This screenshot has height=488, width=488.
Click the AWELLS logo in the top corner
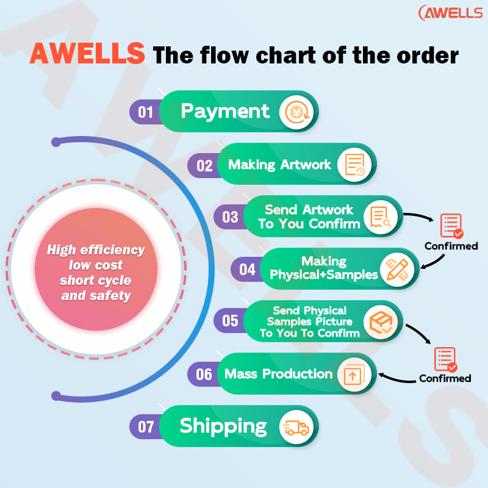pos(450,13)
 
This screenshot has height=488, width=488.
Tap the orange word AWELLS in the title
pos(87,54)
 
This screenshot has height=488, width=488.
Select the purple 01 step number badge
pos(145,112)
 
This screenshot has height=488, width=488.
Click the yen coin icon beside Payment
pos(297,112)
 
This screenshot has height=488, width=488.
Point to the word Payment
pos(225,112)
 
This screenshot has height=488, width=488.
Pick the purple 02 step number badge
pos(204,165)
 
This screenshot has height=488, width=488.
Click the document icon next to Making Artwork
pos(354,165)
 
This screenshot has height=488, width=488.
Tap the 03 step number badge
pos(230,217)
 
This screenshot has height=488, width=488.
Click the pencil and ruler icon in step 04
pos(397,269)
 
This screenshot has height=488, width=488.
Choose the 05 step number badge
pos(230,321)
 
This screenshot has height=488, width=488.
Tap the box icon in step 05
pos(381,322)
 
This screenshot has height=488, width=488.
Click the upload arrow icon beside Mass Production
pos(354,374)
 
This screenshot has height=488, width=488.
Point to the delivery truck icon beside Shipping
pos(296,427)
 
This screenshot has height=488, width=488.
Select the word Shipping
pos(223,426)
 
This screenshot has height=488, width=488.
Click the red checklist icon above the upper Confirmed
pos(451,226)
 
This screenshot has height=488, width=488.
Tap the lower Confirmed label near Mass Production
pos(445,378)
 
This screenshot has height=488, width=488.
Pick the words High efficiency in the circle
pos(96,250)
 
